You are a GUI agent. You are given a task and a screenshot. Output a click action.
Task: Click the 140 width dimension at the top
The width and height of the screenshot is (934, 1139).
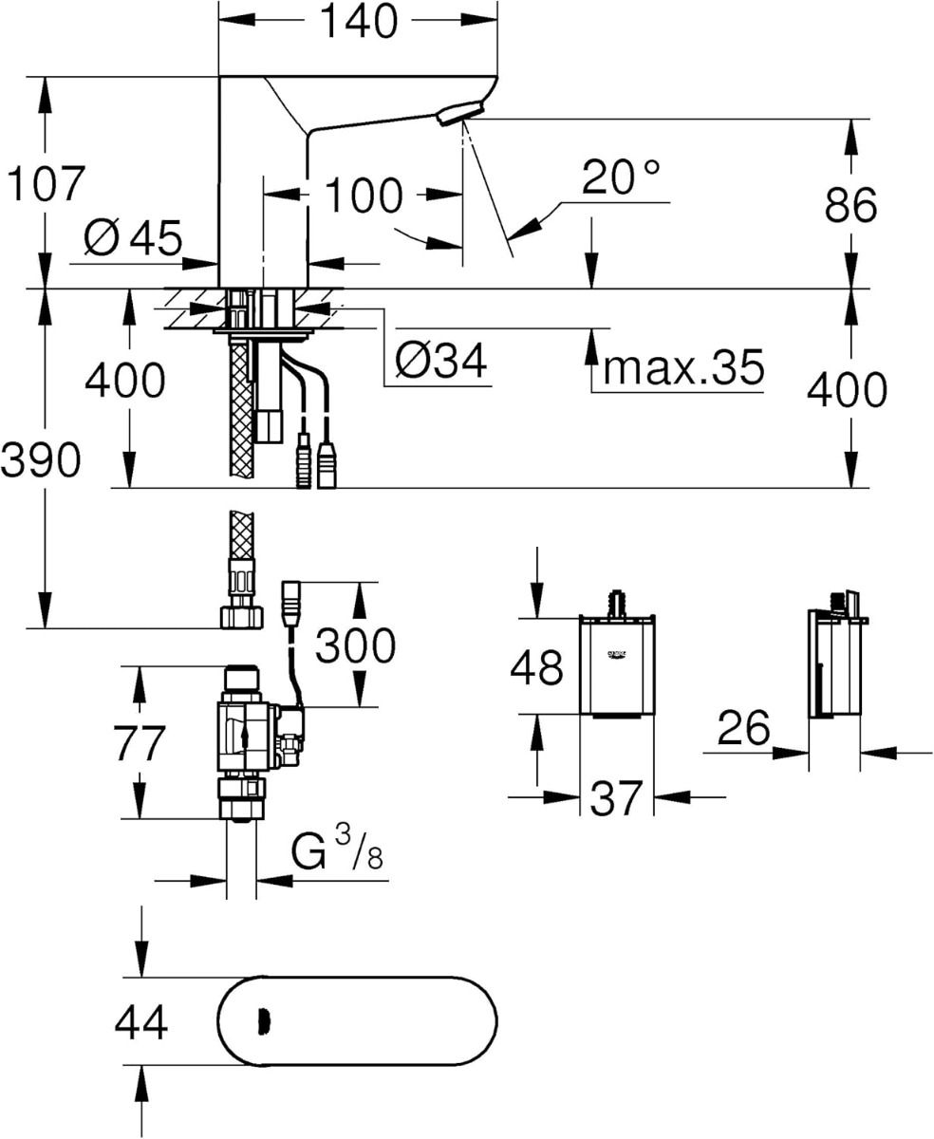[357, 23]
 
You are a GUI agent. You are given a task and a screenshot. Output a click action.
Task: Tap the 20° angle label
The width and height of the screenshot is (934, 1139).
[621, 177]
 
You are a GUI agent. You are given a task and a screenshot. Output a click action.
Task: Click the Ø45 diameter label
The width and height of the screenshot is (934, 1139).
[132, 238]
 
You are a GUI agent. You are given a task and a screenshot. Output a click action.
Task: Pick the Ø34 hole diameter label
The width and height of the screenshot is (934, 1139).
[440, 360]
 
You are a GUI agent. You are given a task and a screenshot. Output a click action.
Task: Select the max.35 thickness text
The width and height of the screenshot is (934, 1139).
[682, 367]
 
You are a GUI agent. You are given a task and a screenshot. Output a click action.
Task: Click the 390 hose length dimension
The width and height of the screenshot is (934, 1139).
[40, 461]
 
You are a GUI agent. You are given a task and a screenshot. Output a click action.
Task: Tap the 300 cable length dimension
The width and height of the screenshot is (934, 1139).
[355, 645]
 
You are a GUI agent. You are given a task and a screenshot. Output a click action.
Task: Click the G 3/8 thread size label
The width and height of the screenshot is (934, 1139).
[338, 852]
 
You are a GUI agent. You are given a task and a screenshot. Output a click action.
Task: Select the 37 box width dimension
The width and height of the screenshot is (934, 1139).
[616, 798]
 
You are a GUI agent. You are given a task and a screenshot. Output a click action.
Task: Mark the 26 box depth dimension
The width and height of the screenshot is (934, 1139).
[743, 729]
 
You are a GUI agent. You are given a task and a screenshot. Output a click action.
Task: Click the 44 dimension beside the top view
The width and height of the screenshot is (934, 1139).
[141, 1023]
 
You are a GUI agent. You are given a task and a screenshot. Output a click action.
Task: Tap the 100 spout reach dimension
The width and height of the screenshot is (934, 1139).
[364, 196]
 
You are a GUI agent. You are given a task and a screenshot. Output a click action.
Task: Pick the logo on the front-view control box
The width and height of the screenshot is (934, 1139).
[617, 656]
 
